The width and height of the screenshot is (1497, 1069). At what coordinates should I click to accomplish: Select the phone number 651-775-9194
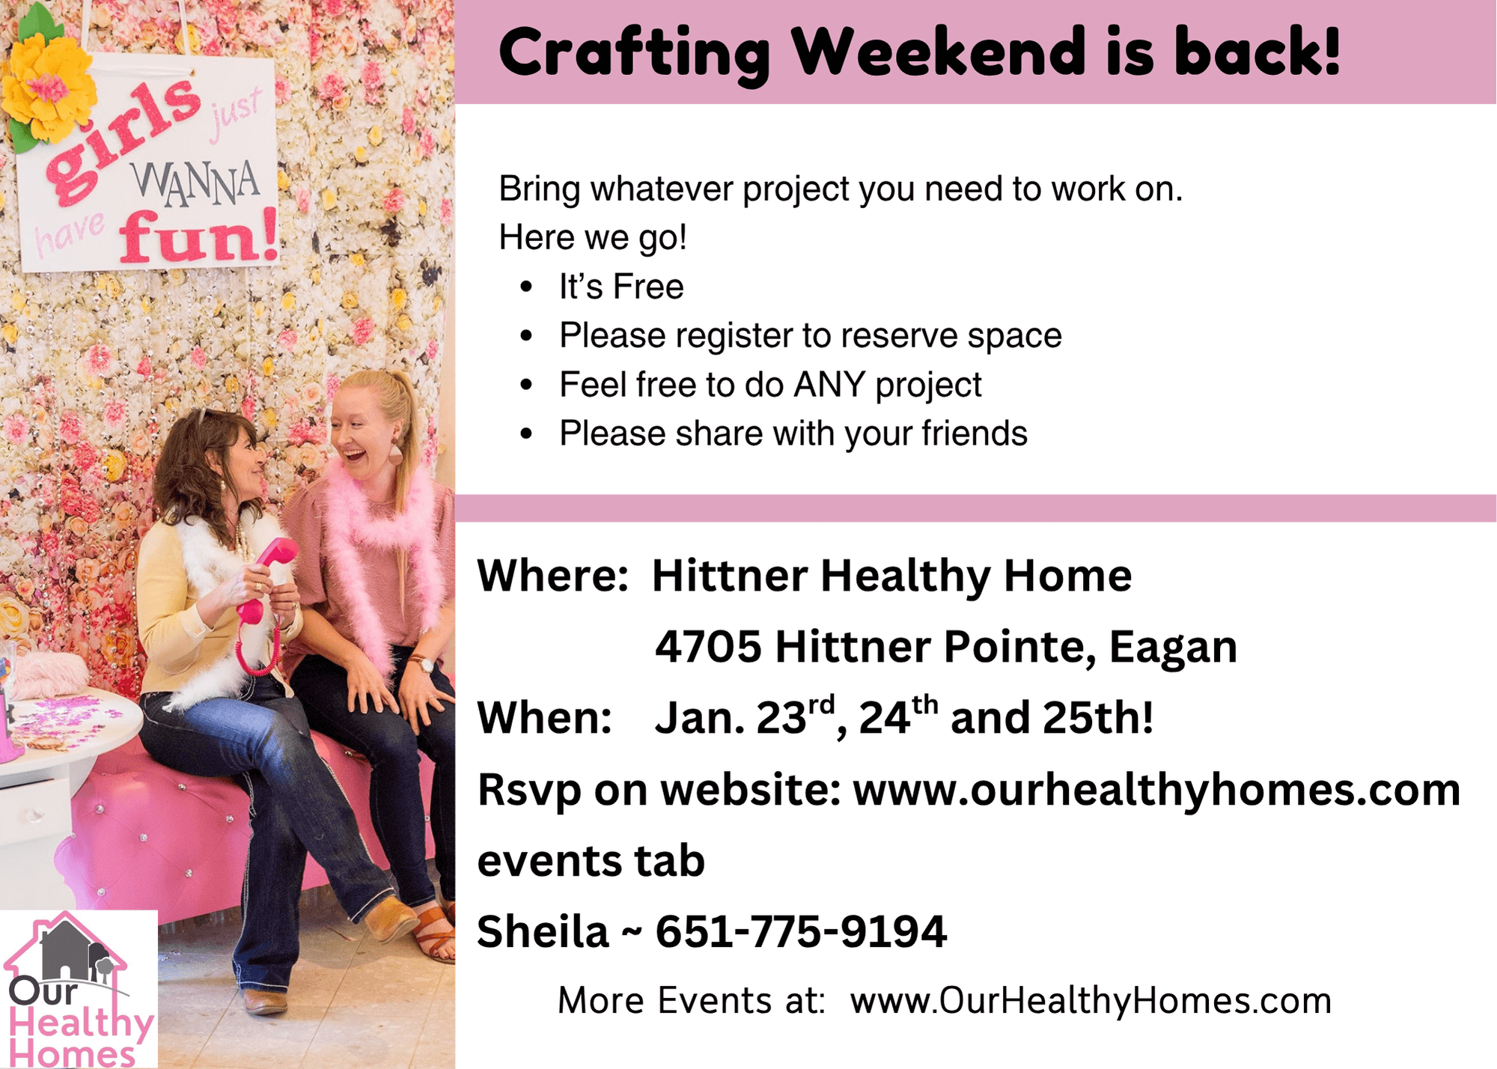tap(801, 931)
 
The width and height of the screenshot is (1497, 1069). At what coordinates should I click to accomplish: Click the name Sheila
tap(543, 931)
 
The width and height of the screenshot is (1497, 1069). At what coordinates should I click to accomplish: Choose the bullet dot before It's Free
tap(527, 287)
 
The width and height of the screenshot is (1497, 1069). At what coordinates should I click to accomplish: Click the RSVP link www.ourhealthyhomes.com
tap(1156, 791)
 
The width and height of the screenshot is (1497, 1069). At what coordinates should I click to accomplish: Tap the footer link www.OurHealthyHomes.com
tap(1091, 1002)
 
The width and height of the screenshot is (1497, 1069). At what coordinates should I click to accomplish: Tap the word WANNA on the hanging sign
tap(196, 183)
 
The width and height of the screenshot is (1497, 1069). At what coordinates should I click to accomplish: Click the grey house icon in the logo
tap(66, 950)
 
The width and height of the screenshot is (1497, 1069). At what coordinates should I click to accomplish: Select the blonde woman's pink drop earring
tap(394, 454)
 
